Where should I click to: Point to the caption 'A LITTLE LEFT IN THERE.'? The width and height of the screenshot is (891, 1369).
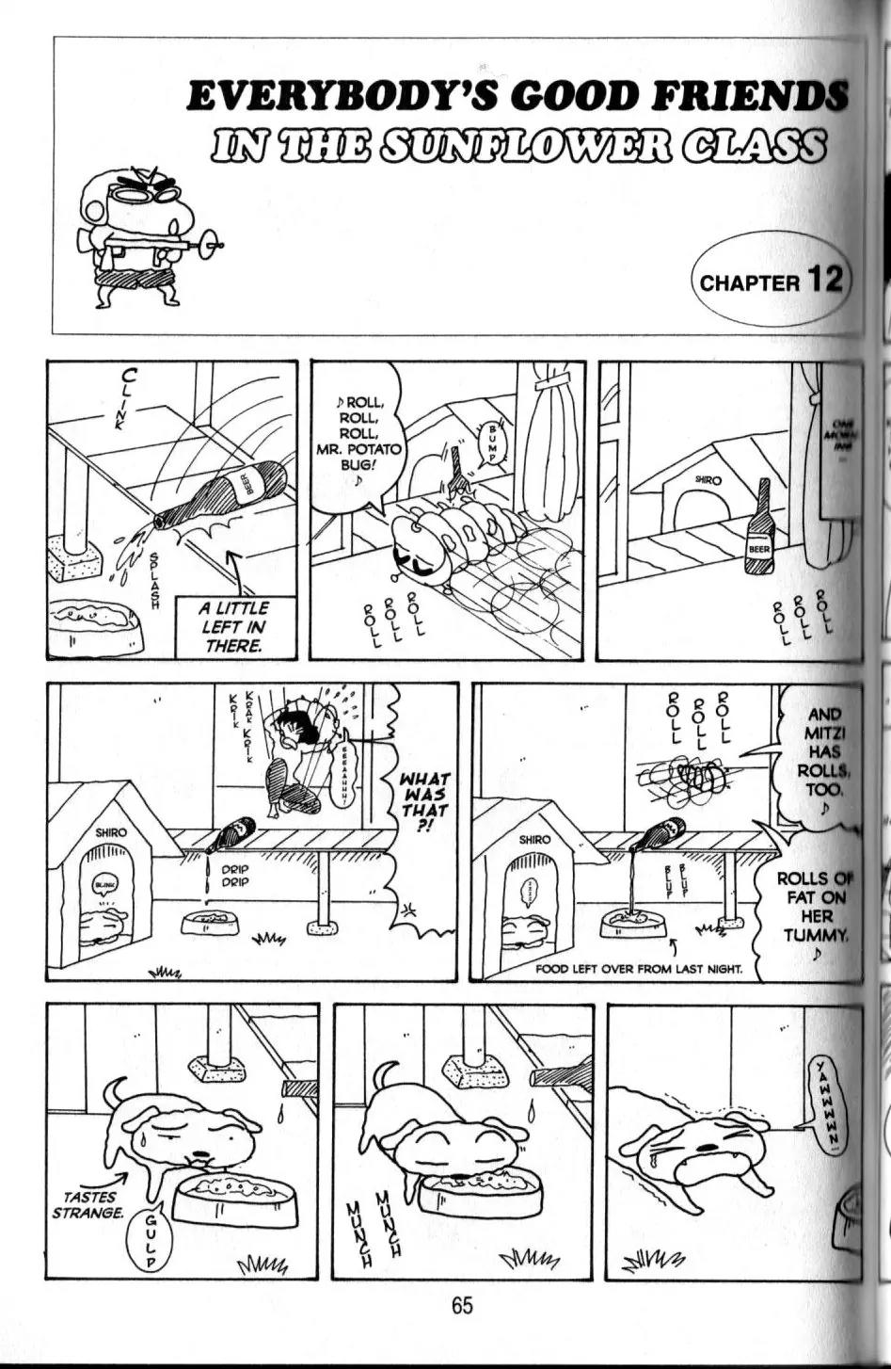tap(233, 626)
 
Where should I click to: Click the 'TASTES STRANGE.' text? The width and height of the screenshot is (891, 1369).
tap(88, 1204)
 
